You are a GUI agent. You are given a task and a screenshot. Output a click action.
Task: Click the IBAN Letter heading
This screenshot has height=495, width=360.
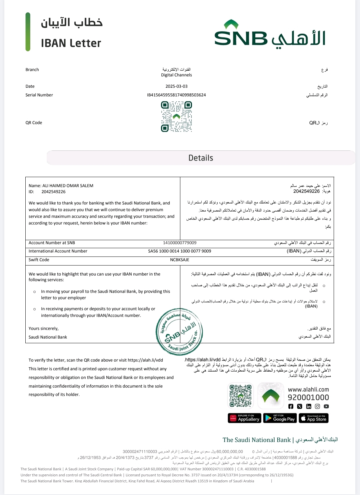71,43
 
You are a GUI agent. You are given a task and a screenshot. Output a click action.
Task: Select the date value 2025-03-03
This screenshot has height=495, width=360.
176,86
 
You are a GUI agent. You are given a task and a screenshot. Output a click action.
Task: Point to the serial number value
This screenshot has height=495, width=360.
176,95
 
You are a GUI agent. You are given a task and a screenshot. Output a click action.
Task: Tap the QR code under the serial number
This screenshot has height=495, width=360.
176,116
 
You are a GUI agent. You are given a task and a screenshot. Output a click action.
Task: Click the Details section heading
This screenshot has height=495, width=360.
201,158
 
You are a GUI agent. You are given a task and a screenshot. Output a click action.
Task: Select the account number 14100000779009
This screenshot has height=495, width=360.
180,243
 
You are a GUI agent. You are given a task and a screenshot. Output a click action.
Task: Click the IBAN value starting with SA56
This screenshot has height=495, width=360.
180,251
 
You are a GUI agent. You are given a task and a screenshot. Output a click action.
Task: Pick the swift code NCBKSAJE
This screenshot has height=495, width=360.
180,260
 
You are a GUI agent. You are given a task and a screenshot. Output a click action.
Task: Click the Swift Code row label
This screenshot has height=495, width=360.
39,260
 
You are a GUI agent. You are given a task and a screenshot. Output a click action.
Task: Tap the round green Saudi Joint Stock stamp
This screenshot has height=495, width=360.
179,332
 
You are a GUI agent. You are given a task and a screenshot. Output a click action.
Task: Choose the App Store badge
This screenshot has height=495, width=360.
314,418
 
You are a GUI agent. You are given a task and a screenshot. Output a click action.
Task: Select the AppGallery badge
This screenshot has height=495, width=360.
244,418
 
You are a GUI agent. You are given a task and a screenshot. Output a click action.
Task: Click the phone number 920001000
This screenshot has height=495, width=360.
308,398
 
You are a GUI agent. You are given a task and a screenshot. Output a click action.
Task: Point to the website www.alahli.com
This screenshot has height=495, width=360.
308,390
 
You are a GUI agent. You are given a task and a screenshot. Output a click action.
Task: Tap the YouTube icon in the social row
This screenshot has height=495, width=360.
326,406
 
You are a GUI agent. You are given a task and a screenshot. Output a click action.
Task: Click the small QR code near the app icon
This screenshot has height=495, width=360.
240,396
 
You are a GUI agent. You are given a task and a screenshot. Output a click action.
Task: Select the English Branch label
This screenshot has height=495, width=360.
32,70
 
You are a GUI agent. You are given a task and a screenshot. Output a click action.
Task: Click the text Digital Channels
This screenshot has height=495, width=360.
176,75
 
